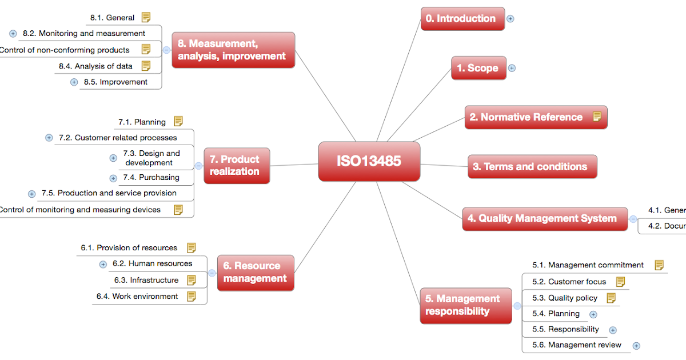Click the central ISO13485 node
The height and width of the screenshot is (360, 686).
point(369,161)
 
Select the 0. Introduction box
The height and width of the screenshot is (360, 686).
point(462,19)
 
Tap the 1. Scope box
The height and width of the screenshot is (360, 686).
point(478,68)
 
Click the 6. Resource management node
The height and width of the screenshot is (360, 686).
point(255,272)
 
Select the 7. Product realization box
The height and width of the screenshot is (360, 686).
point(236,166)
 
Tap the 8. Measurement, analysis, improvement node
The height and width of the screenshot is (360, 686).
point(233,50)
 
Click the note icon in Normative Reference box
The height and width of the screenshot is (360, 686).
point(597,117)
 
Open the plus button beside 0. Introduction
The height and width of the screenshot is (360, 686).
point(510,18)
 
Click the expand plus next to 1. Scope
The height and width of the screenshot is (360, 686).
point(512,68)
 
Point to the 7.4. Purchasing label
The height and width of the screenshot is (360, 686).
point(151,178)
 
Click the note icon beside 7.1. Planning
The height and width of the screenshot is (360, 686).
point(178,121)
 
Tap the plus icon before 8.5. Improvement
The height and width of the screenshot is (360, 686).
point(74,82)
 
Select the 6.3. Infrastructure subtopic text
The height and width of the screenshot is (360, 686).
point(146,280)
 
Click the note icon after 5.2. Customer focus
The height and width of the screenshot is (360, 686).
point(620,282)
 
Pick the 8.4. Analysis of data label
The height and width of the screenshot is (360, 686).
point(95,66)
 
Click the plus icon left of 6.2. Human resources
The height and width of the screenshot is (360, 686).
point(103,264)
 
